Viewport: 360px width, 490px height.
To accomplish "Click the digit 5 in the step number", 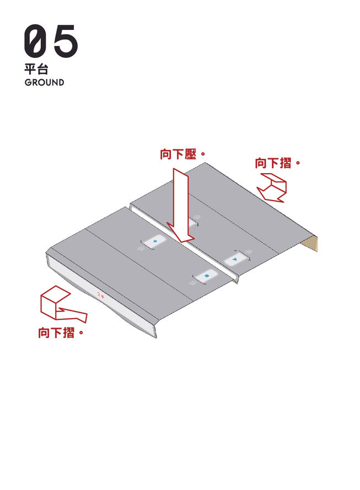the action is click(x=65, y=41).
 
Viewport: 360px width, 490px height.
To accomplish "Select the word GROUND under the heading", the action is click(x=44, y=83).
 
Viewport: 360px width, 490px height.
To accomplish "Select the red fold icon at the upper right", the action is click(x=272, y=187).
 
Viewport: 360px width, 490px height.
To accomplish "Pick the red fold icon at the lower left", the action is click(x=60, y=306).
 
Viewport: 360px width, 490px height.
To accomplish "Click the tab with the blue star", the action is click(x=154, y=242).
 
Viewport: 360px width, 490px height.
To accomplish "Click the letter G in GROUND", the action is click(x=28, y=83).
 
